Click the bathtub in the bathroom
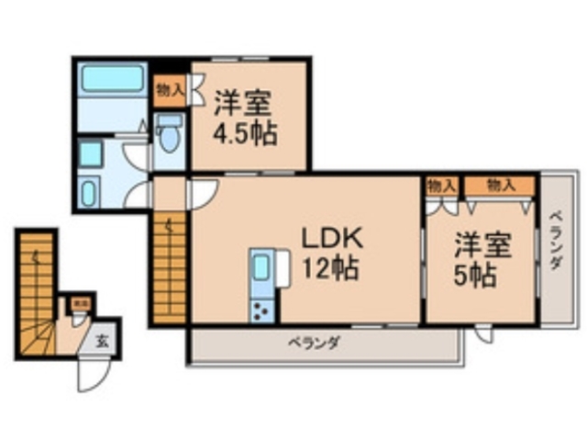113,79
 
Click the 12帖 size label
331,269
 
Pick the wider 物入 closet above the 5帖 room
500,185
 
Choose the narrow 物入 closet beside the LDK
441,185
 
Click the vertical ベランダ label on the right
556,241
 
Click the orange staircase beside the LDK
170,267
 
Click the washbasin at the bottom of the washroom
90,194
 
